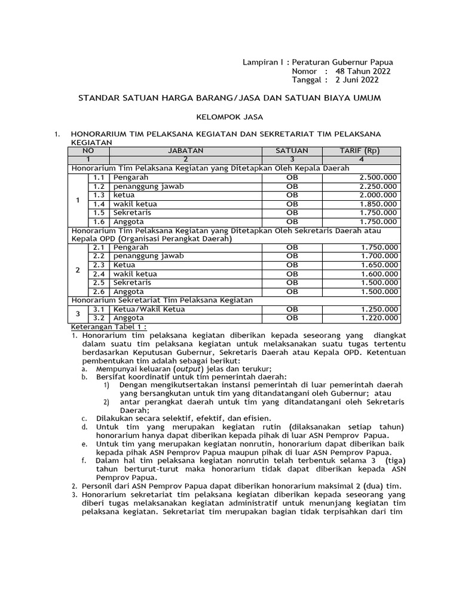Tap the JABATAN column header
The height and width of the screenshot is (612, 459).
pyautogui.click(x=185, y=151)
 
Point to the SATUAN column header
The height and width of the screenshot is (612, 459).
pyautogui.click(x=292, y=151)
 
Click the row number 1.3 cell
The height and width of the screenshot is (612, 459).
pyautogui.click(x=99, y=195)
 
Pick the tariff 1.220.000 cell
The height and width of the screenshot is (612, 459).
pyautogui.click(x=379, y=318)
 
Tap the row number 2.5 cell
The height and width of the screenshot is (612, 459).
pyautogui.click(x=99, y=282)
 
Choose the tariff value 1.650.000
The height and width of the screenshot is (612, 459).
pyautogui.click(x=379, y=265)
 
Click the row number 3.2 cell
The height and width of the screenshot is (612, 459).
pyautogui.click(x=99, y=318)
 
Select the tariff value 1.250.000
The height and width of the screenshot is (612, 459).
pyautogui.click(x=379, y=309)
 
